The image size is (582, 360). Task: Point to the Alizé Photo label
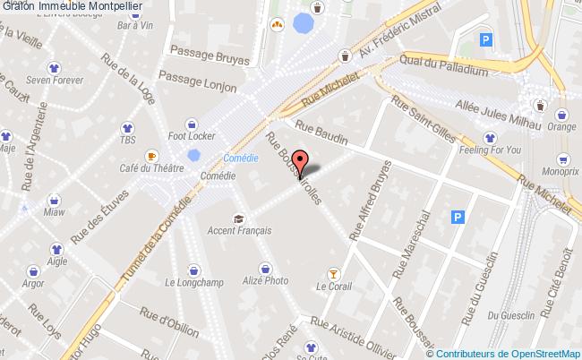[266, 280]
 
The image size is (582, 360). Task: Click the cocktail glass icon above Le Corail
[334, 272]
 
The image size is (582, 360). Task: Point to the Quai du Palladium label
[444, 69]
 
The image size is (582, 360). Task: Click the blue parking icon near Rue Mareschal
[458, 217]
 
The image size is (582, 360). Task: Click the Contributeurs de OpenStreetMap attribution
[509, 352]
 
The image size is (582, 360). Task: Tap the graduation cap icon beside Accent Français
[238, 218]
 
